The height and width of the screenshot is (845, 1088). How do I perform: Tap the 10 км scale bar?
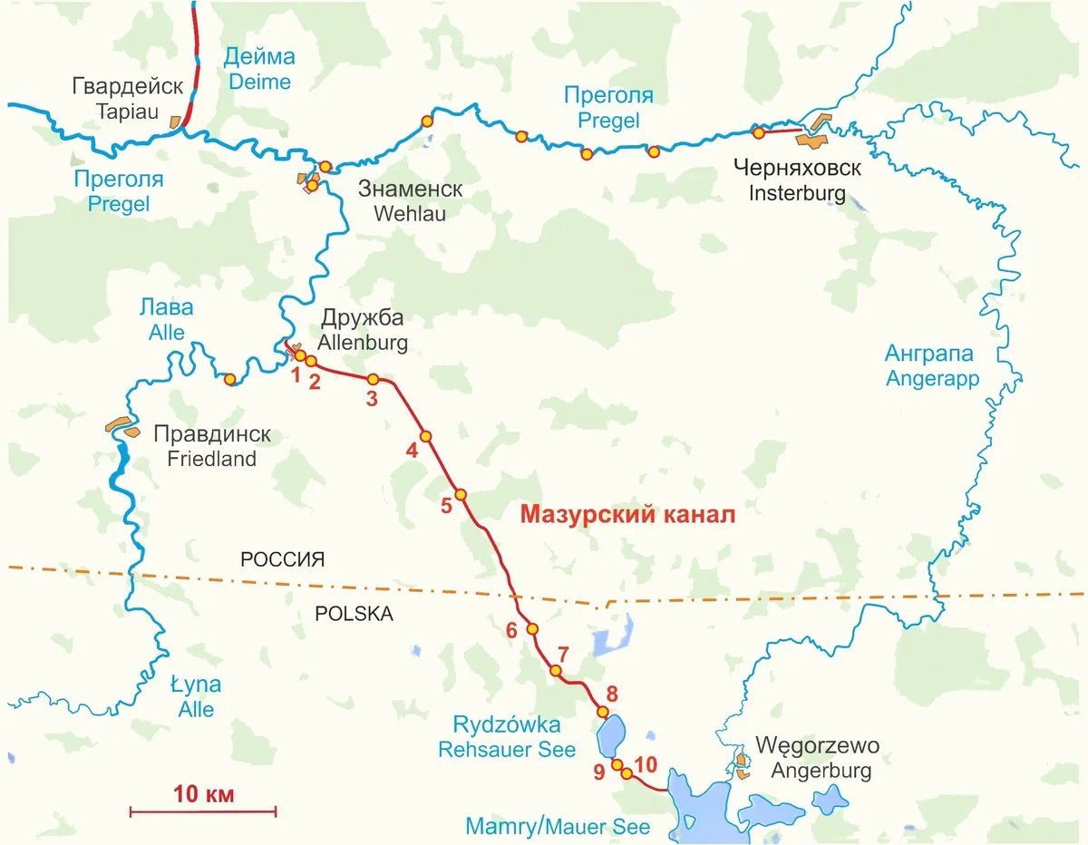pos(203,810)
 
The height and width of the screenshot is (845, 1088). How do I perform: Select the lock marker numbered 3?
pos(373,379)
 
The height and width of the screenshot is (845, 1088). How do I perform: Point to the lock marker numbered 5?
pos(461,495)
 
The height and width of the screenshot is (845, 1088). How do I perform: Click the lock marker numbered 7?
pos(556,671)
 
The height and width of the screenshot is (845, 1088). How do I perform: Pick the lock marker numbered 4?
pos(425,436)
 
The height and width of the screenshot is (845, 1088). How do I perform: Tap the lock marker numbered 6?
pos(532,628)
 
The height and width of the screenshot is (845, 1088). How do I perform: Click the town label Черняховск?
pos(797,169)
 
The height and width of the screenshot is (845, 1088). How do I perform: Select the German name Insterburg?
pos(797,193)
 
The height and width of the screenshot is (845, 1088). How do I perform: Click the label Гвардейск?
pos(127,87)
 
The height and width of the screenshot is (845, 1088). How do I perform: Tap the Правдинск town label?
pos(212,435)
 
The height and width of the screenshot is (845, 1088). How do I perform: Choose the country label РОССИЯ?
pos(282,560)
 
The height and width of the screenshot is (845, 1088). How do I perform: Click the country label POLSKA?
pos(354,614)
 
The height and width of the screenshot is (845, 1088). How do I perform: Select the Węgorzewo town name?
pos(817,747)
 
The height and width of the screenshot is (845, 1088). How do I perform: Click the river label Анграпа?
pos(928,354)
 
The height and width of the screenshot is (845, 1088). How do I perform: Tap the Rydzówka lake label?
pos(507,725)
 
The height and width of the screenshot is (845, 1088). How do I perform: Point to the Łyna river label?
pos(195,685)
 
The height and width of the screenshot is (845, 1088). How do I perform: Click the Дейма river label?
pos(259,57)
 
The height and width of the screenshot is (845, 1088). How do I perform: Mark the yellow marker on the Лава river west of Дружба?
pos(230,379)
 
